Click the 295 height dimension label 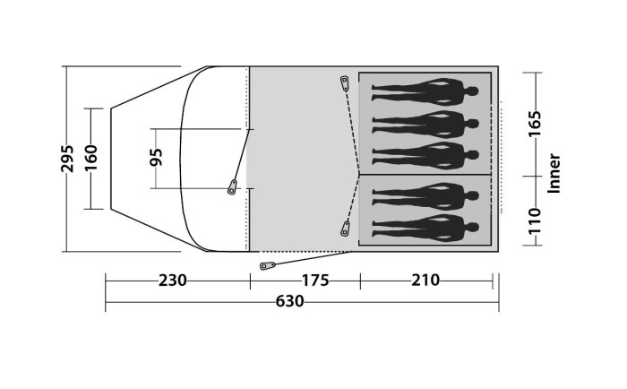67,159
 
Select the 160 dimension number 91,158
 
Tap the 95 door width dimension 156,157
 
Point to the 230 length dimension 172,281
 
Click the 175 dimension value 315,281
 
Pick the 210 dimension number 425,281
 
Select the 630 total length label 289,301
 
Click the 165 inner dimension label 534,124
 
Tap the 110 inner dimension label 534,221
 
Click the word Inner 554,174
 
